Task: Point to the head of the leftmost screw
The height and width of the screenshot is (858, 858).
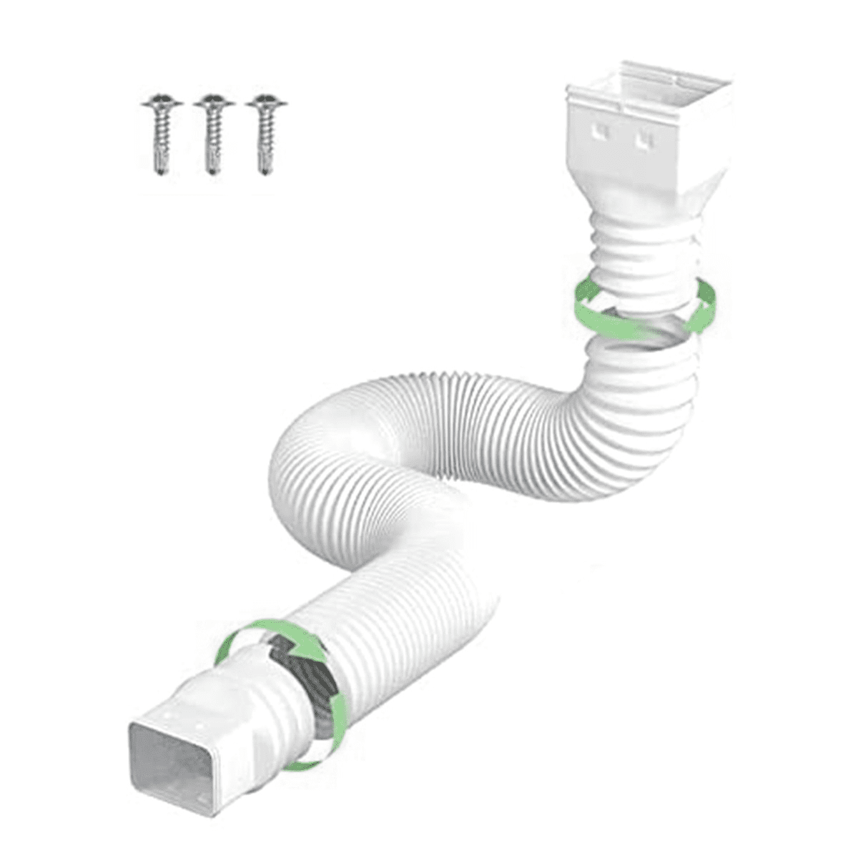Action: (161, 104)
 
